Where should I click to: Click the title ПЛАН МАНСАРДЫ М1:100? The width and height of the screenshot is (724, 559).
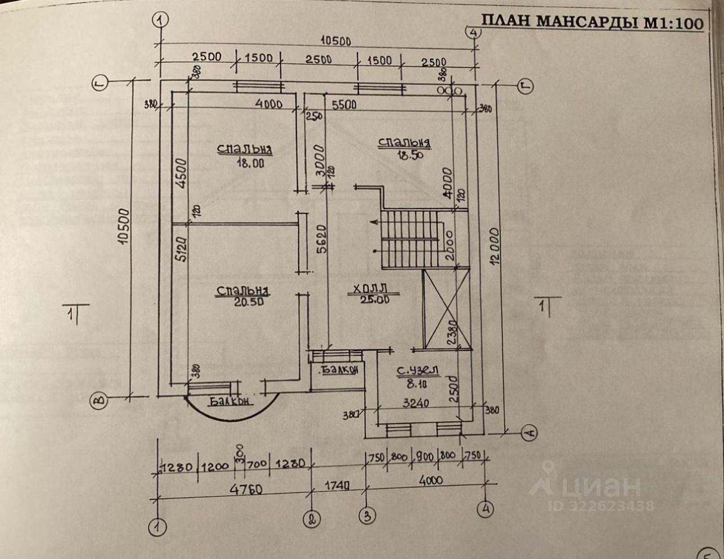[592, 22]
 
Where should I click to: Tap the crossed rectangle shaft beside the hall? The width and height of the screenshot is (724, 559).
[447, 308]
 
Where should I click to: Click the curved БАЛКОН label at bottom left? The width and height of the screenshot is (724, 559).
[230, 402]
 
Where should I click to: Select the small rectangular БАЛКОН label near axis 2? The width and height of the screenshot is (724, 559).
[339, 370]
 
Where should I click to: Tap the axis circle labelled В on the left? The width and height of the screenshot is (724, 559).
[100, 400]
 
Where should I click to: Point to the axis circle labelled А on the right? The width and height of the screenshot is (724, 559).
[529, 434]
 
